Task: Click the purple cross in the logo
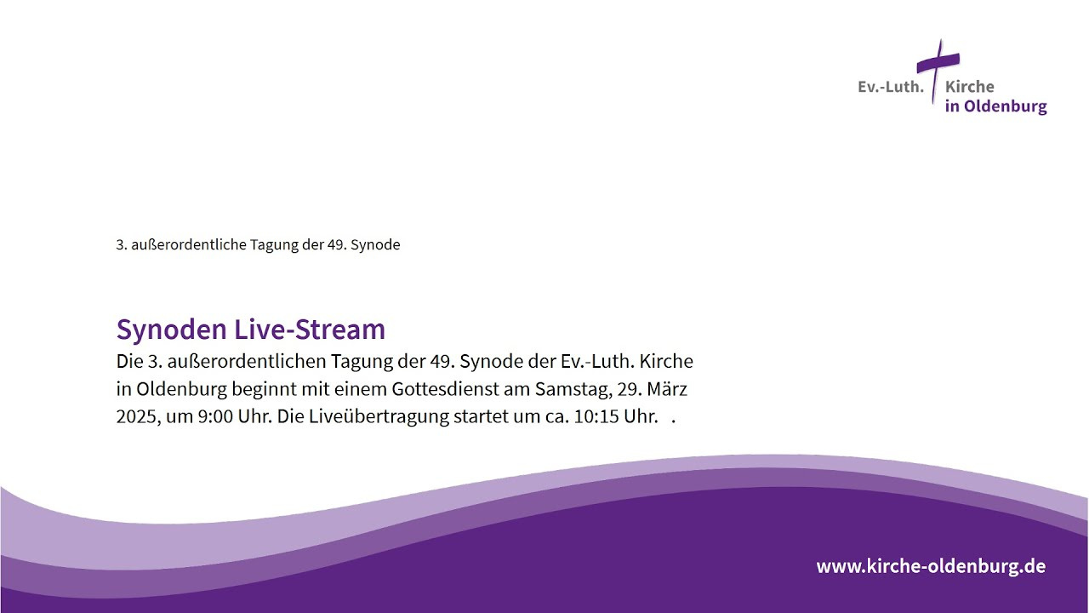tap(938, 63)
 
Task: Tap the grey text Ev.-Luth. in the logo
tap(891, 87)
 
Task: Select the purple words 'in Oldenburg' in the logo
tap(995, 106)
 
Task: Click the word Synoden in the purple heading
tap(172, 329)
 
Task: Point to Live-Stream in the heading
tap(310, 329)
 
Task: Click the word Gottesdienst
tap(445, 389)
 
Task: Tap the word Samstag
tap(573, 390)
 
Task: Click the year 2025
tap(139, 417)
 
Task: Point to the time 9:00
tap(215, 417)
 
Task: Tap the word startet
tap(478, 417)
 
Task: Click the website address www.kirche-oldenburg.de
tap(931, 566)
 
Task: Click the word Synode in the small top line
tap(375, 244)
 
